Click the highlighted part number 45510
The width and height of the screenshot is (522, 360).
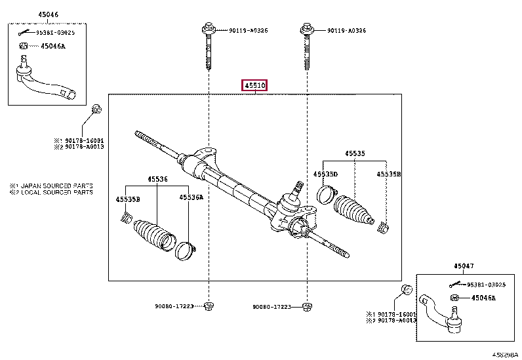pos(254,86)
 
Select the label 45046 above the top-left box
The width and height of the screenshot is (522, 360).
pos(30,14)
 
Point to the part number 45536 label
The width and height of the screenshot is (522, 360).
pos(157,178)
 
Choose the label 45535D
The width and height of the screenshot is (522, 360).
pos(325,174)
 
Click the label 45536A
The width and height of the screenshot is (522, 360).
pos(191,197)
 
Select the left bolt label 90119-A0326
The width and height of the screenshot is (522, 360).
pos(249,31)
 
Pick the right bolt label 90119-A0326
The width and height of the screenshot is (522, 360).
pos(347,31)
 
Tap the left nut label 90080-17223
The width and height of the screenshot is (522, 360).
pos(174,306)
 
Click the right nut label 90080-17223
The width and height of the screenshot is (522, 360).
pos(273,306)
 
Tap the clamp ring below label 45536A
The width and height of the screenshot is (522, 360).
pos(185,250)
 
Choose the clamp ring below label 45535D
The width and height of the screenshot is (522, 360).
pos(325,193)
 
